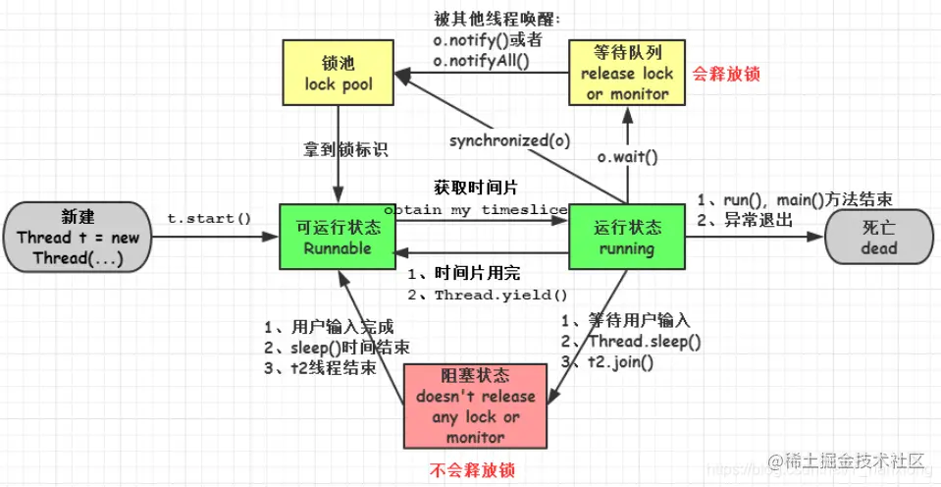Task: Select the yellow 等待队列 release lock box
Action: click(627, 74)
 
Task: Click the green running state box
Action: click(626, 238)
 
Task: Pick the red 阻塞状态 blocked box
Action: click(475, 406)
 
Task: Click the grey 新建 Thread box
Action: click(78, 238)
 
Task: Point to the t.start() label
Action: click(209, 218)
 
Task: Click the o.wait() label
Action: click(627, 157)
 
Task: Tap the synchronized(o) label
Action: click(510, 140)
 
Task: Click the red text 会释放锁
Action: click(727, 74)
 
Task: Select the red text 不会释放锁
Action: click(475, 469)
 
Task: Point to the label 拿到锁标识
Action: click(345, 150)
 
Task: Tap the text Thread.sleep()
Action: click(644, 342)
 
